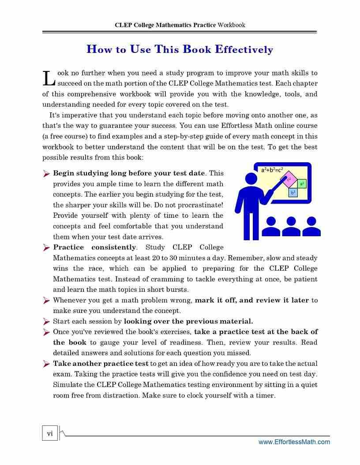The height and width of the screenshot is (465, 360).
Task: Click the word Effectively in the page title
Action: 244,49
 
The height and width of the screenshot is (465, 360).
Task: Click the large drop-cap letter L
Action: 48,78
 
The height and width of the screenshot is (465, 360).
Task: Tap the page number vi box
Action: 50,433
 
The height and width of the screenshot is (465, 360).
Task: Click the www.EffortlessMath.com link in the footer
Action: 294,442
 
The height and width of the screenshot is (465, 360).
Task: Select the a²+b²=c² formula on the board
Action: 272,170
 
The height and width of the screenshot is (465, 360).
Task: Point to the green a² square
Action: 301,184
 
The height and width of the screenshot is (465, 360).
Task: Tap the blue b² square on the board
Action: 293,193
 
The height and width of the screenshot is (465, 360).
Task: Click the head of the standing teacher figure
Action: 251,179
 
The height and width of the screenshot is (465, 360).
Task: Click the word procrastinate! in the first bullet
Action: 202,205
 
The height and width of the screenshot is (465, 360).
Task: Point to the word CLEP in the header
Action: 123,25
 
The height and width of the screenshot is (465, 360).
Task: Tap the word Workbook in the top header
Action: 231,25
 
